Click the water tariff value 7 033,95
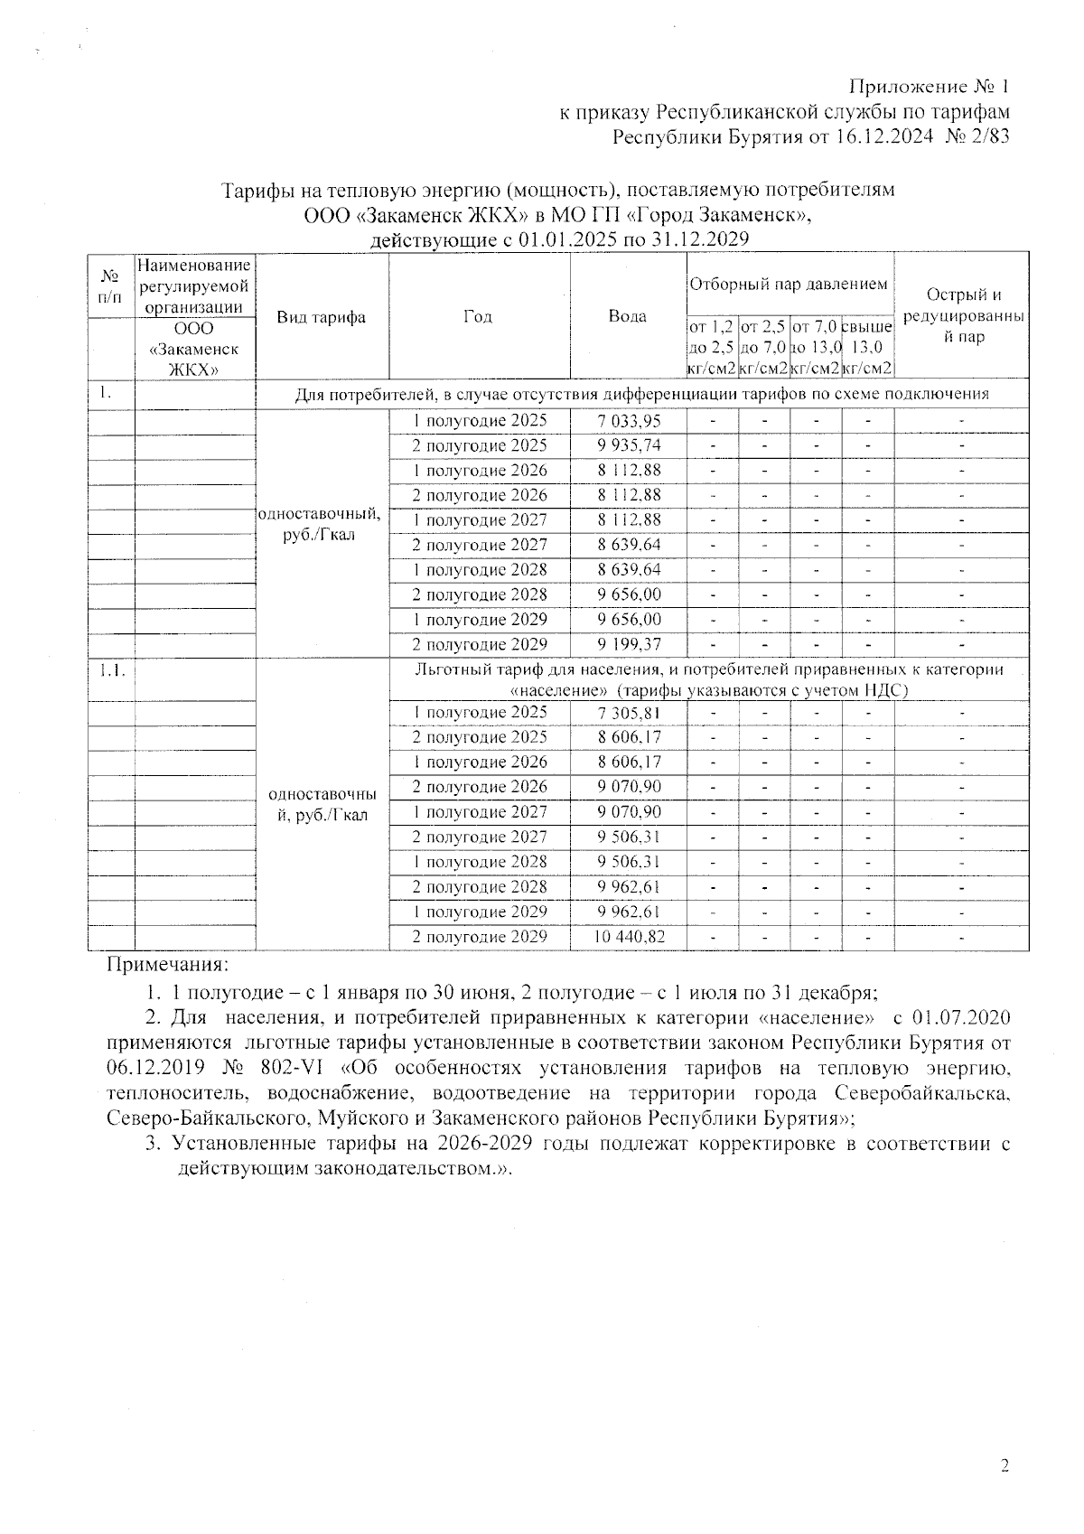click(629, 420)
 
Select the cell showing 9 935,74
click(629, 445)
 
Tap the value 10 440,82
click(629, 937)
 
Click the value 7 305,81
click(629, 713)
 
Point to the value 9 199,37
click(629, 645)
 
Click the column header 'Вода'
click(628, 316)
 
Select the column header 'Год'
click(478, 316)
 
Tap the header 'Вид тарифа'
click(322, 317)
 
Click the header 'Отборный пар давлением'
click(789, 284)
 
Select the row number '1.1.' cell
click(111, 670)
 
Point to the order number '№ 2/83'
click(977, 138)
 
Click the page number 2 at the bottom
click(1004, 1464)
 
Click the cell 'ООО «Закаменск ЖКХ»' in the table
click(195, 348)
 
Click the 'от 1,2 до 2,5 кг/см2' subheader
click(712, 347)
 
